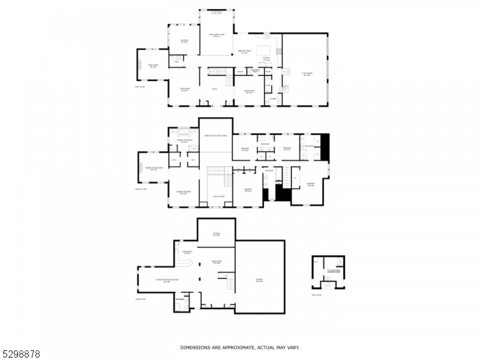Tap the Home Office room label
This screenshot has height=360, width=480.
(x=152, y=65)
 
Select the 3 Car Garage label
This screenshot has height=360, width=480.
(x=306, y=74)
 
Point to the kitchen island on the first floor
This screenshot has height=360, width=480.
(x=265, y=50)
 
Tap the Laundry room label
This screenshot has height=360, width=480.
(x=273, y=98)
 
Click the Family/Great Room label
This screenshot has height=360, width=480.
(x=217, y=35)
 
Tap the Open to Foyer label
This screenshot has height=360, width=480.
(x=219, y=196)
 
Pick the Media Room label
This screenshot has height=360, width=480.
(x=217, y=262)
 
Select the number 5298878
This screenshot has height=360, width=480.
(x=20, y=355)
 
